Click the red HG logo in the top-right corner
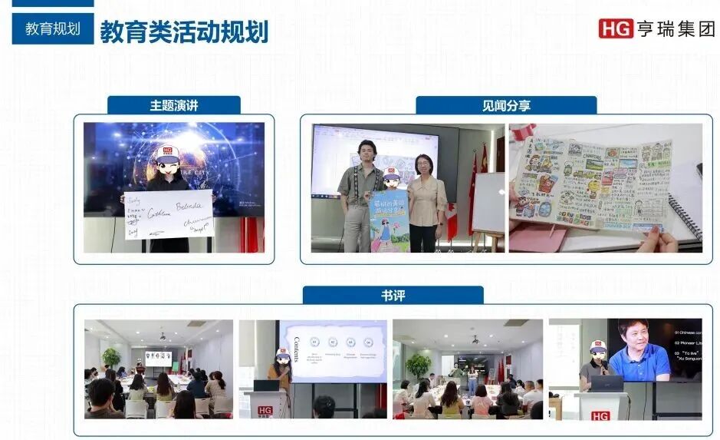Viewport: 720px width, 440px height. coord(616,28)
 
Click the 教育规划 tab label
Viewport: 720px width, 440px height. coord(52,29)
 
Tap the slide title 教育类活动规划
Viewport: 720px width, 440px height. coord(184,31)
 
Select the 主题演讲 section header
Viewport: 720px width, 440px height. coord(174,106)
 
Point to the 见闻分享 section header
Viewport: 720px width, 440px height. coord(506,106)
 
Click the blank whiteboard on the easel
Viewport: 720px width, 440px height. coord(488,203)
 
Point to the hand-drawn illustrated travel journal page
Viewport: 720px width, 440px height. coord(590,184)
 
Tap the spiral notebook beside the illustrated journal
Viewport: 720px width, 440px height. coord(685,215)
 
